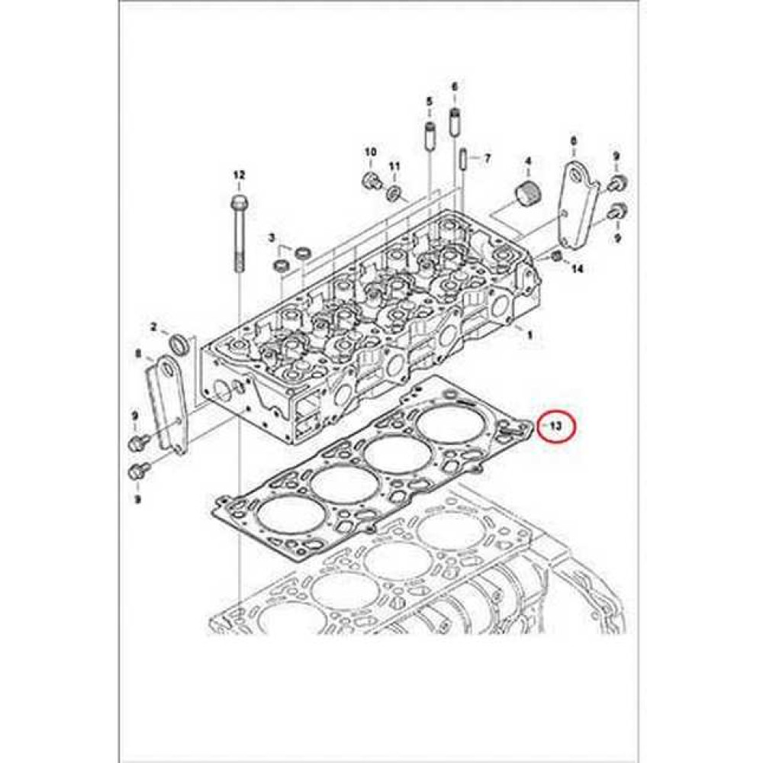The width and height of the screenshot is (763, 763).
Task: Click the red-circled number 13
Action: pos(557,427)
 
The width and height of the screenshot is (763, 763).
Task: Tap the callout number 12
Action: pos(239,175)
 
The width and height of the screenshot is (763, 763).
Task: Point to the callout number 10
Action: pos(370,153)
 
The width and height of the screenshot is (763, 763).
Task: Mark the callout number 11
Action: pos(394,166)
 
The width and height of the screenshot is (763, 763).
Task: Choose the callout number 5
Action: pos(429,101)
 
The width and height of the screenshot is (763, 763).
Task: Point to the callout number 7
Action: pos(487,159)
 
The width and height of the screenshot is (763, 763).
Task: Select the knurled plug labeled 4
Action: pos(526,192)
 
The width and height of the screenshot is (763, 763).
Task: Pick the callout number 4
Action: pos(527,162)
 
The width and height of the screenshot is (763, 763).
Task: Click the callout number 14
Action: pos(577,269)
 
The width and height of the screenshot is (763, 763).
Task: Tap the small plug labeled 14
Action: pos(557,256)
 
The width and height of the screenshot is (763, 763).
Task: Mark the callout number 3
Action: pos(272,239)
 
